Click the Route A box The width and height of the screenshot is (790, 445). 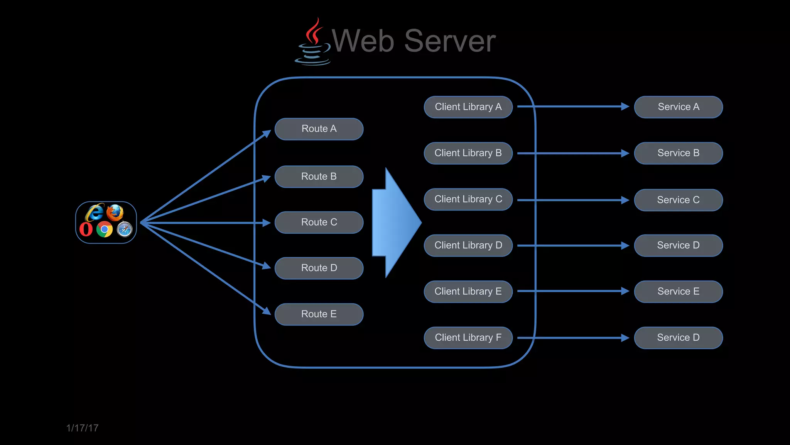tap(319, 129)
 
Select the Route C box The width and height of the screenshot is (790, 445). tap(319, 222)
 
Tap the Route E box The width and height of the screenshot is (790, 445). tap(319, 314)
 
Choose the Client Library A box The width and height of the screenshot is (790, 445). tap(468, 107)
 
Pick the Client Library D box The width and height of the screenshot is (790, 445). tap(468, 245)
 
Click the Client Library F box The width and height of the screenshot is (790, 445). tap(468, 338)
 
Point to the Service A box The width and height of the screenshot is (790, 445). tap(678, 107)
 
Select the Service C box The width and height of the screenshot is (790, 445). tap(678, 200)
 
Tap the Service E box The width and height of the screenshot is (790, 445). tap(678, 291)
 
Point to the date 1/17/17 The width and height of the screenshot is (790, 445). tap(82, 428)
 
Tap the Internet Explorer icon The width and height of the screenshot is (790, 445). tap(95, 213)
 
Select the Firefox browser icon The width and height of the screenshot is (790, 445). tap(115, 212)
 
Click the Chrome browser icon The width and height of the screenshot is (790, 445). tap(105, 229)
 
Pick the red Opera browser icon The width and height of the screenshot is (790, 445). tap(86, 229)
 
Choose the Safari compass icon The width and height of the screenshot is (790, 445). tap(125, 229)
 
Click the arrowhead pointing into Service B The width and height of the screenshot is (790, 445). tap(625, 153)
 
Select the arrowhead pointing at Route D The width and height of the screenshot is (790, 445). tap(267, 266)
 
